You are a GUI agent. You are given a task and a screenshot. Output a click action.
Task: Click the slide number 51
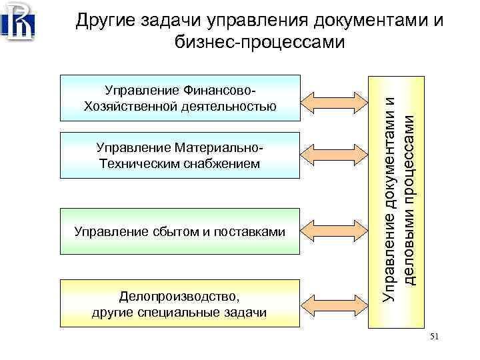coord(435,337)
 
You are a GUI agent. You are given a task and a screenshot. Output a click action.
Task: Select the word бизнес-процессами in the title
coord(259,43)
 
